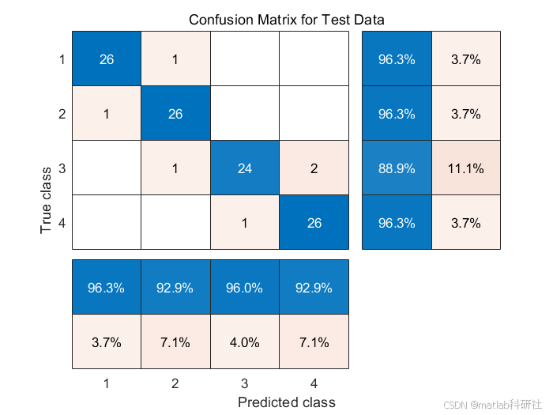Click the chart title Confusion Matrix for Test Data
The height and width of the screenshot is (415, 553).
(x=286, y=19)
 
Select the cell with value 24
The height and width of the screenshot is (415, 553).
(x=244, y=168)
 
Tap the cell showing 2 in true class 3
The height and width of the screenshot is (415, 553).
(x=313, y=168)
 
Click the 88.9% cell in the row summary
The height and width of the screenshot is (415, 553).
(x=397, y=168)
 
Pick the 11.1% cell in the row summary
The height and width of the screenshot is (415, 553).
(x=466, y=168)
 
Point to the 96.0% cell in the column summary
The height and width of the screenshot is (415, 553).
(x=244, y=288)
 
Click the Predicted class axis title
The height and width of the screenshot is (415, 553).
(x=286, y=402)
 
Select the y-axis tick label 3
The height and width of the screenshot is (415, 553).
(x=62, y=168)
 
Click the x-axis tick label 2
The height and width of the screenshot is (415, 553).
(x=175, y=382)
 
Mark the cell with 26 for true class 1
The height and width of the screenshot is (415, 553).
(x=107, y=59)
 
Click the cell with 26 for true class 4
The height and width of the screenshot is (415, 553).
(x=313, y=223)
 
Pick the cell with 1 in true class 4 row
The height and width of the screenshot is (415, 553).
(x=244, y=223)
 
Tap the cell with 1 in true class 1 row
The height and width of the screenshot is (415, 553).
(x=175, y=59)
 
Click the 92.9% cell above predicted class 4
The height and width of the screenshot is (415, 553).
(x=313, y=288)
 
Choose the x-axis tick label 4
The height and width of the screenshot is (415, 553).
(x=313, y=382)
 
